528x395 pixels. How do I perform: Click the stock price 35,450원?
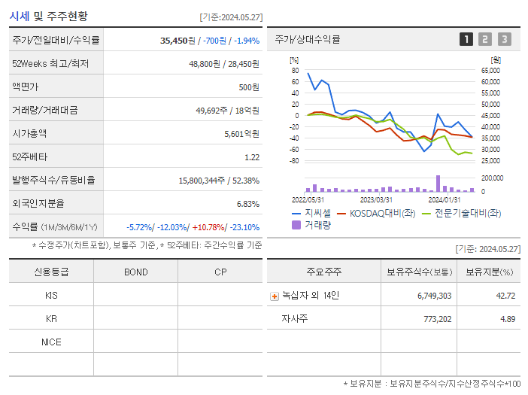(179, 40)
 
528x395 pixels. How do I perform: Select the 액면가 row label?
(28, 87)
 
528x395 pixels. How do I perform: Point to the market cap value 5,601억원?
(241, 133)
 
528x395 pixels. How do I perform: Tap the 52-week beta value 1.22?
(252, 156)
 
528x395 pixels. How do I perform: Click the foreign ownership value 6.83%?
(247, 203)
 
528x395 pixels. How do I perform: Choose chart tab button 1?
(466, 39)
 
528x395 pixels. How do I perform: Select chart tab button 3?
(504, 39)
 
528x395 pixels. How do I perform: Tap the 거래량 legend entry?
(317, 225)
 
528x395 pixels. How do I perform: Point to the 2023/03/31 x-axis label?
(376, 199)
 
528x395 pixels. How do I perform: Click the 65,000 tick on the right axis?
(490, 70)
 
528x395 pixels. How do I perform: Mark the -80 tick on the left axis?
(293, 161)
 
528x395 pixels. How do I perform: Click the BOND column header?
(135, 272)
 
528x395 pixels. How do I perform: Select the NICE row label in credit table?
(51, 342)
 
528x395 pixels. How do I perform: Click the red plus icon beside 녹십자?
(274, 296)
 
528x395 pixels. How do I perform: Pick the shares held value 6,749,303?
(434, 296)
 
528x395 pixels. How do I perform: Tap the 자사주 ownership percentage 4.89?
(507, 319)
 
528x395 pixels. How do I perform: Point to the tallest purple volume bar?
(438, 183)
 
